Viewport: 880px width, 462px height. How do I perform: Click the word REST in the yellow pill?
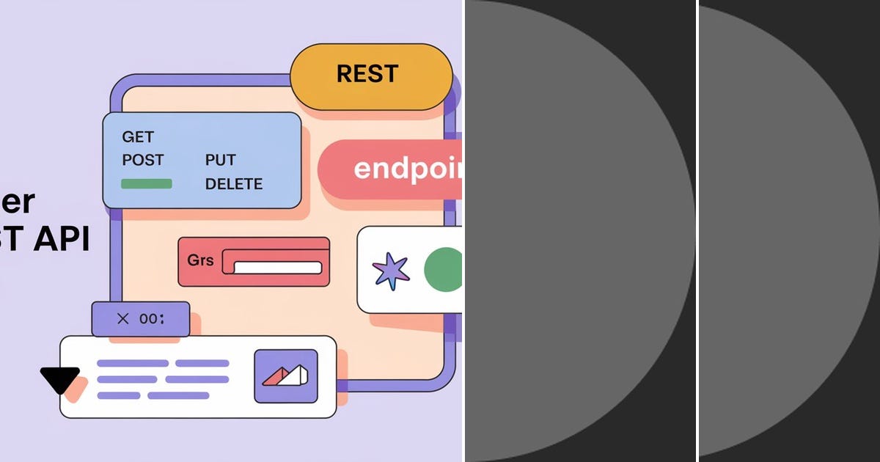pos(367,74)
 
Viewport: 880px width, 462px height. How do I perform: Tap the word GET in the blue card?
pos(138,137)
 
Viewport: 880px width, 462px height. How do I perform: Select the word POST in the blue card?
pos(143,160)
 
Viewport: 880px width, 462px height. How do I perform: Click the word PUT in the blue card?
pos(220,160)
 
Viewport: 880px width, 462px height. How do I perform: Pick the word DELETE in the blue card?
pos(233,183)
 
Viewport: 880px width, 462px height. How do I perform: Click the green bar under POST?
pos(146,183)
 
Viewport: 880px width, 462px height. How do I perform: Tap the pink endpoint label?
pos(396,169)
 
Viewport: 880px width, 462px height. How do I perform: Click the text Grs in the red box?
pos(200,260)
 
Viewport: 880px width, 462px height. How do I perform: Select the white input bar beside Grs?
pos(276,268)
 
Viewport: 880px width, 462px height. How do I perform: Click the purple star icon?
pos(391,270)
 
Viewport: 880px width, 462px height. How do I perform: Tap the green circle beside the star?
pos(443,269)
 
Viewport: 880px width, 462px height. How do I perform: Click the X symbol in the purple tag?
pos(122,318)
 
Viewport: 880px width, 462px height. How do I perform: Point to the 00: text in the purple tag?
pos(152,318)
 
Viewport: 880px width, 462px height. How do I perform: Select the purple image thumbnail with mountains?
pos(286,376)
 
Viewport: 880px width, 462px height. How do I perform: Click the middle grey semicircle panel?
pos(572,231)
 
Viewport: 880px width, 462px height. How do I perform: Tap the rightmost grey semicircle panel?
pos(785,231)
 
